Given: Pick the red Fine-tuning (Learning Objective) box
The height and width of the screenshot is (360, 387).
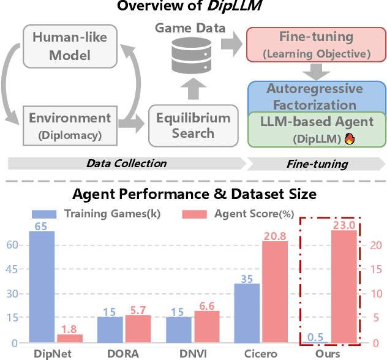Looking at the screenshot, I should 316,44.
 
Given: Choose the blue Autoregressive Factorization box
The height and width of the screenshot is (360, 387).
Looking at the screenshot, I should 315,96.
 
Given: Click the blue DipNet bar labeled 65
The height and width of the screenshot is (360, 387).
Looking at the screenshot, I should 42,286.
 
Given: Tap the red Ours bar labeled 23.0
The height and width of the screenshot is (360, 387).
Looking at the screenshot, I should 343,286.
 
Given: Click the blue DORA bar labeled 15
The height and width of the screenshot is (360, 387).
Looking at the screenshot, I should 110,329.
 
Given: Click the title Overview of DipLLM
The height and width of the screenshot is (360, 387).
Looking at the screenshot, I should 193,7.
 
